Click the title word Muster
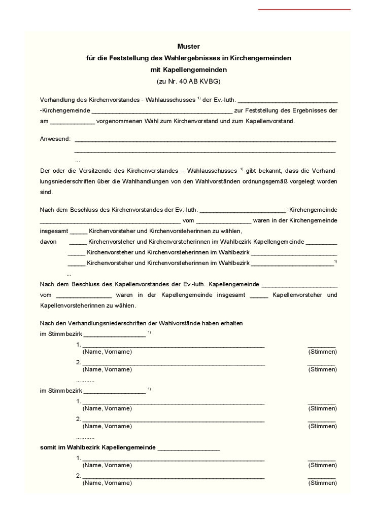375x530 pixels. click(x=189, y=47)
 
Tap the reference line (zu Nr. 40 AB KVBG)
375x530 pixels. click(x=189, y=81)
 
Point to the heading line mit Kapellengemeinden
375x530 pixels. click(x=189, y=69)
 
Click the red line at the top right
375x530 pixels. click(x=304, y=9)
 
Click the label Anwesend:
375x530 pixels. click(x=55, y=139)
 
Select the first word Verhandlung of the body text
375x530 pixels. click(x=56, y=99)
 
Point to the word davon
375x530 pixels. click(x=48, y=242)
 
